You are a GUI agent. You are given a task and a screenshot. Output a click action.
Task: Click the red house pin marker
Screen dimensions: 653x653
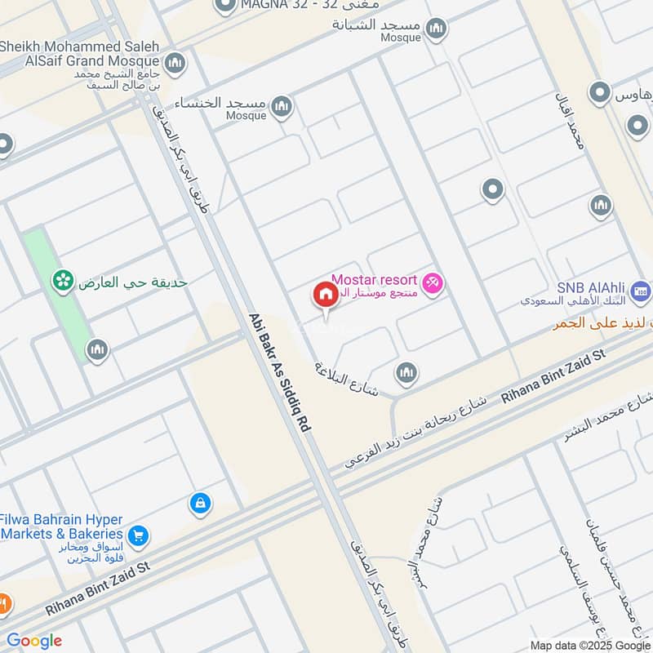[325, 295]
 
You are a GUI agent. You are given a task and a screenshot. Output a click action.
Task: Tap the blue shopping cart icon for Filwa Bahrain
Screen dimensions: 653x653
[138, 535]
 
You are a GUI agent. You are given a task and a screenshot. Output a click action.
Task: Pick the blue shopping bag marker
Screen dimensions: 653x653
[199, 504]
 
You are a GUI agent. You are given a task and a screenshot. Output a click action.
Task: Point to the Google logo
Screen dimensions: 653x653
[34, 641]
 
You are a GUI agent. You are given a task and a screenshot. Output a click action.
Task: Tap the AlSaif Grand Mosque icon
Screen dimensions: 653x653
[174, 62]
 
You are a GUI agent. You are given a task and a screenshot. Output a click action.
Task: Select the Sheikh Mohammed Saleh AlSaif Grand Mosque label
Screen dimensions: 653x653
[79, 53]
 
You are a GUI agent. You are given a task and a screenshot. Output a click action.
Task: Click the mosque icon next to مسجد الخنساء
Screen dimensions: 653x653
[282, 105]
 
